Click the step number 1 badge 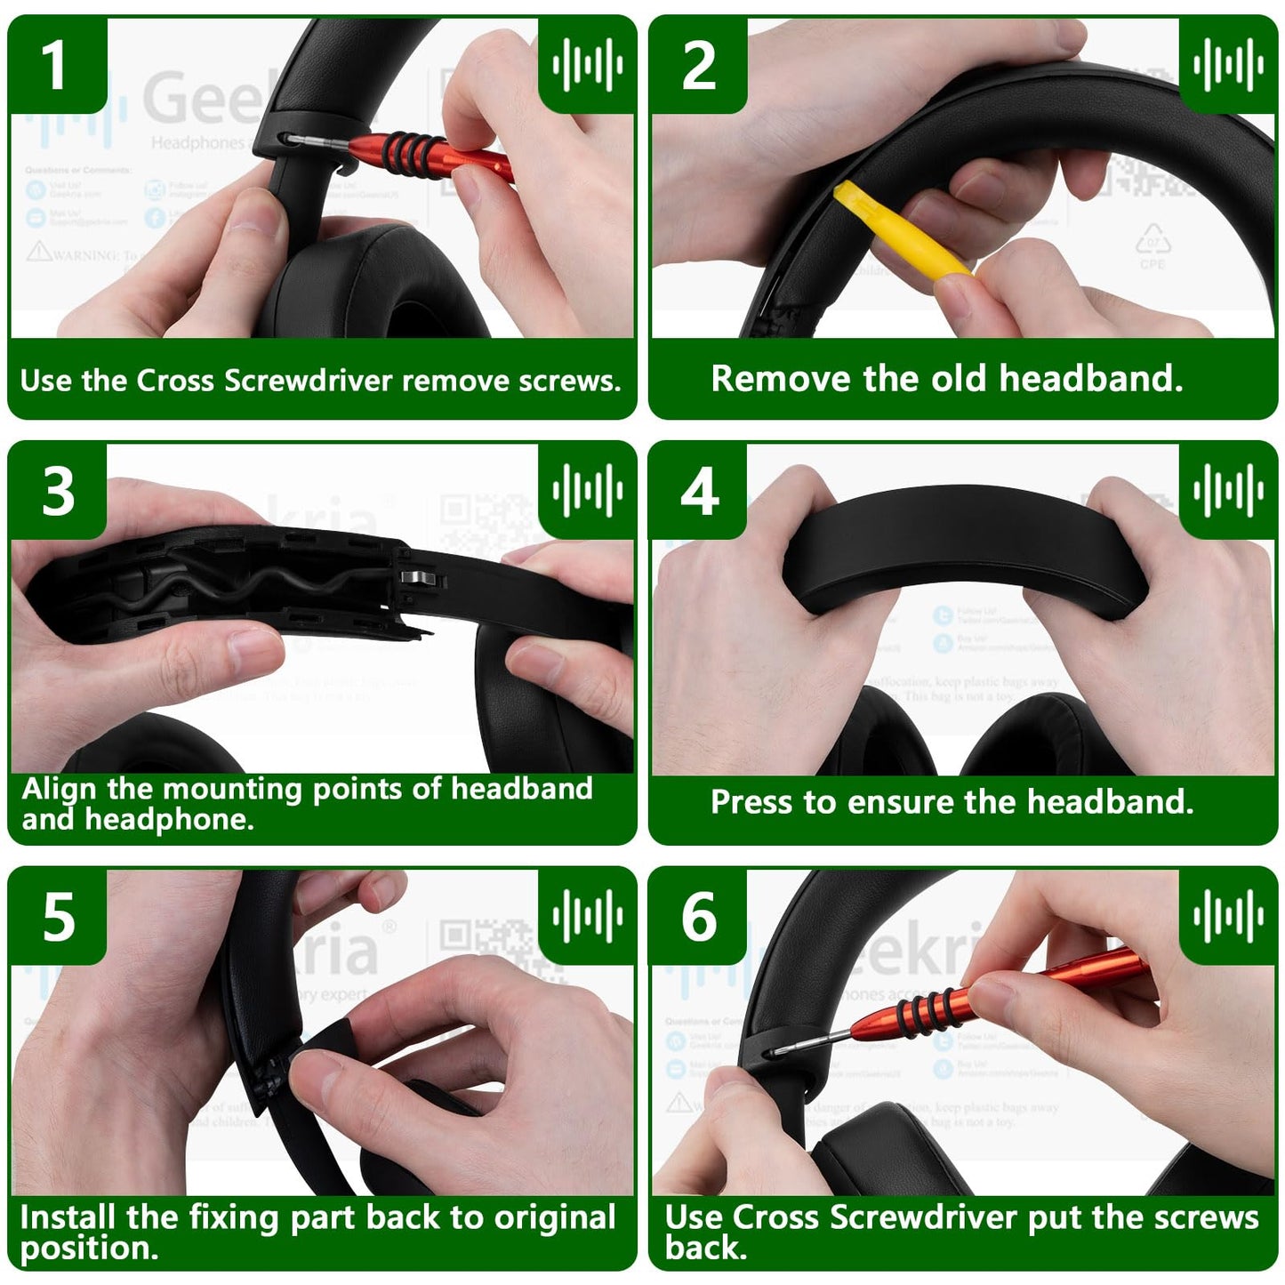(x=55, y=66)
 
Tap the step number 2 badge (x=698, y=66)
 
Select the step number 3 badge (x=58, y=491)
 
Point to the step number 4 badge (x=699, y=491)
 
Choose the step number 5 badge (x=58, y=917)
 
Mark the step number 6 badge (x=699, y=917)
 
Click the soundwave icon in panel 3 (x=587, y=490)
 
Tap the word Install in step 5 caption (x=68, y=1217)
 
